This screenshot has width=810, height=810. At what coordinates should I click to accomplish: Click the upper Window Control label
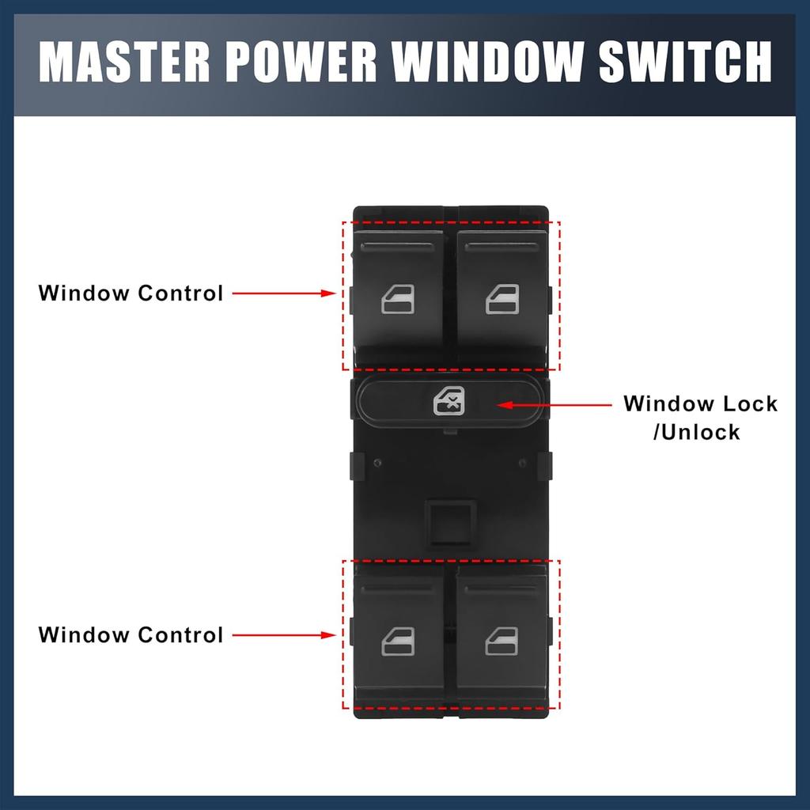tap(131, 293)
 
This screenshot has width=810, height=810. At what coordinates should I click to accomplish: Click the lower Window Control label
tap(131, 635)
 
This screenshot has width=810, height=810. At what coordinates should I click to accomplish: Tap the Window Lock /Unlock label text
tap(700, 417)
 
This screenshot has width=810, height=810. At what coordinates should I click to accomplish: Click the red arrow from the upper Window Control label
tap(286, 293)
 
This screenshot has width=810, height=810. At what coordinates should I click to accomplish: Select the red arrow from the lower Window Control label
tap(286, 635)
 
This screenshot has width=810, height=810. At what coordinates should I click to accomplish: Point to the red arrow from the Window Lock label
tap(554, 405)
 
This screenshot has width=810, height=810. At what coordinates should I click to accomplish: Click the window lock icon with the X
tap(448, 403)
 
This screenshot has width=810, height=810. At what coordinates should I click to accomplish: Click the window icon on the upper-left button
tap(398, 300)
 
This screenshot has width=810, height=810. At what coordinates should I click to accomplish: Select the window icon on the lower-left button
tap(398, 642)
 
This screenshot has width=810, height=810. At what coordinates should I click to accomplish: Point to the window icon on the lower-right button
tap(502, 642)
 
